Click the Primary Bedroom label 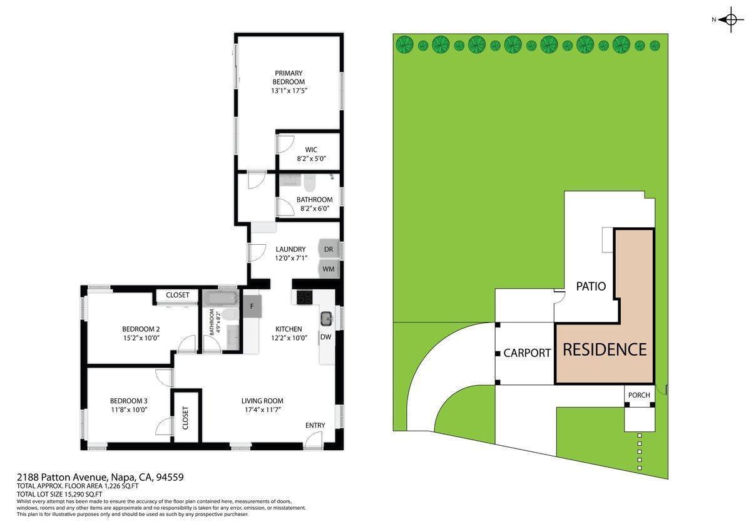point(289,78)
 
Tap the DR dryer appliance point(329,249)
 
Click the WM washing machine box point(329,269)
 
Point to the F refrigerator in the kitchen point(252,307)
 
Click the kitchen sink point(326,319)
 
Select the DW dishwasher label point(325,337)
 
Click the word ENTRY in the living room point(315,426)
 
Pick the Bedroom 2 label point(141,329)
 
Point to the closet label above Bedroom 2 point(178,295)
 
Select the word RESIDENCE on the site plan point(604,349)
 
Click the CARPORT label point(527,353)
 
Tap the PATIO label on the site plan point(591,286)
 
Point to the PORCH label point(639,395)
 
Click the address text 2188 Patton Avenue point(63,477)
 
